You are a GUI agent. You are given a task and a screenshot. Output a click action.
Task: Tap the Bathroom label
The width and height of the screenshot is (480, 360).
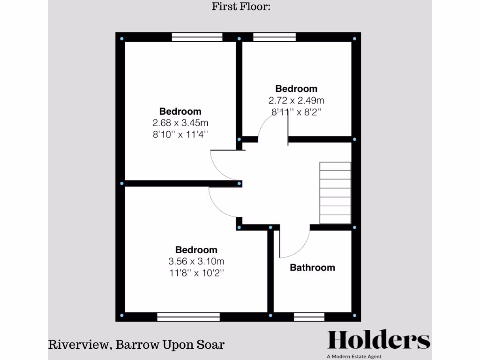pos(312,268)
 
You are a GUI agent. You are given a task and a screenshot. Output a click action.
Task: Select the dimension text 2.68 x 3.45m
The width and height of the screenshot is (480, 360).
pos(180,123)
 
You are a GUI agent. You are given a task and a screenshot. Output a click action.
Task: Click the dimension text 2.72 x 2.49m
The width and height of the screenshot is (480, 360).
pos(296,100)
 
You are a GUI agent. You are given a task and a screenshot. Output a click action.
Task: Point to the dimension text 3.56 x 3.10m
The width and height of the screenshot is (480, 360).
pos(196,262)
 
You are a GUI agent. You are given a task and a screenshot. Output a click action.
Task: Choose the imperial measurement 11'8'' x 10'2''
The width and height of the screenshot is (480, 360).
pos(196,273)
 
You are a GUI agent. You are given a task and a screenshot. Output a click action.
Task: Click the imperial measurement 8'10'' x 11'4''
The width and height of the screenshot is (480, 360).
pos(180,134)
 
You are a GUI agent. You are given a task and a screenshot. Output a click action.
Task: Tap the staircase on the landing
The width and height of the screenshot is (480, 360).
pos(335,193)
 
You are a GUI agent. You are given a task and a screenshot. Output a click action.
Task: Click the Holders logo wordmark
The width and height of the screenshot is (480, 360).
pos(378,340)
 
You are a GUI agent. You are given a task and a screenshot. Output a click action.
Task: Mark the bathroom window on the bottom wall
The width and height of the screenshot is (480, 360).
pos(309,317)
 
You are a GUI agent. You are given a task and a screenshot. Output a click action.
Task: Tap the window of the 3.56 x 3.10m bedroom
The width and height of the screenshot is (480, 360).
pos(188,317)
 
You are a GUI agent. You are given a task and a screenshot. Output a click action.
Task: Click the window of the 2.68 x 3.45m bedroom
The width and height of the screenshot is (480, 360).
pos(197,37)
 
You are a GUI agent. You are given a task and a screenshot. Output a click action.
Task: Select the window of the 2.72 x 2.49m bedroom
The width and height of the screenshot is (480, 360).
pos(275,37)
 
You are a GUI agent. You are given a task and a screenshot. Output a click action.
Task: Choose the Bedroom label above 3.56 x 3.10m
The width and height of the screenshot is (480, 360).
pos(196,250)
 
